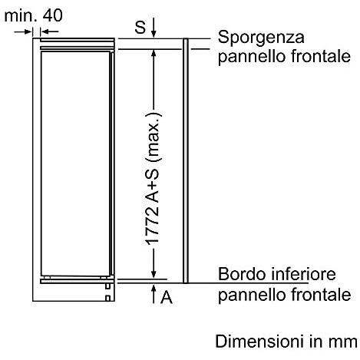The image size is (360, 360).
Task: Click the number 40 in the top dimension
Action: (52, 15)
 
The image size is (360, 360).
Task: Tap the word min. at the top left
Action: (21, 15)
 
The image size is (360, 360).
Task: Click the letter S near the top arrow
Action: (140, 27)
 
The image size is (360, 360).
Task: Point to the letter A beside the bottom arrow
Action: (167, 297)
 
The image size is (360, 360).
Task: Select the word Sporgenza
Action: (261, 38)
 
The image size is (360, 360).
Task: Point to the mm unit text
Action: (344, 342)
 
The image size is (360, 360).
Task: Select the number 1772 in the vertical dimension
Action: (153, 225)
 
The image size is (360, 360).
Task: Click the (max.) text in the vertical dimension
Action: (154, 137)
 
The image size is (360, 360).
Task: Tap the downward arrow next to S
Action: (154, 28)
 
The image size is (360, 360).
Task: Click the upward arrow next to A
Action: (154, 294)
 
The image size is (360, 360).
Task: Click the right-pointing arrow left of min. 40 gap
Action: (23, 31)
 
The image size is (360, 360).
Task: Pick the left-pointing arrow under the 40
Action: (50, 31)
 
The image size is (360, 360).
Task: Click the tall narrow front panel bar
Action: (186, 160)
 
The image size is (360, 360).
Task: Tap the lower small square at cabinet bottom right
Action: (107, 298)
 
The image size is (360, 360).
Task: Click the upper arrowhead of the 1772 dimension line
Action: (154, 53)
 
